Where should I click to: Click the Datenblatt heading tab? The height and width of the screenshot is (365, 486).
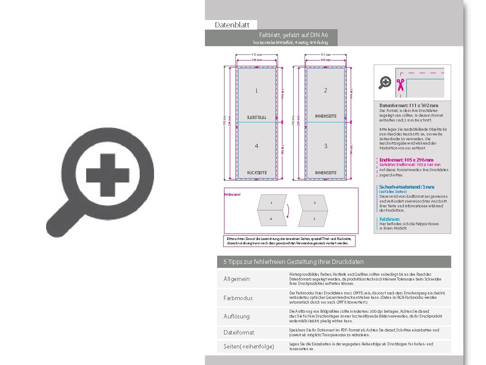231,25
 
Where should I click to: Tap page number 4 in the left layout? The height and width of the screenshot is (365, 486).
256,146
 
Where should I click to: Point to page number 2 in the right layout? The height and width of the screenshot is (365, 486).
325,90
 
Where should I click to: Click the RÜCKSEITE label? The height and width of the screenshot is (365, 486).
257,173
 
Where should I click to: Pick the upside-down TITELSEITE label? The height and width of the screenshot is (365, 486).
256,117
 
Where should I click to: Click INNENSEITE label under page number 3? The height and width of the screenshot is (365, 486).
325,173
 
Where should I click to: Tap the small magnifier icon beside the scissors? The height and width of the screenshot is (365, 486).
385,82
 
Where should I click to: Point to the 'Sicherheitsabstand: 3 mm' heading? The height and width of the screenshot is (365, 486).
406,187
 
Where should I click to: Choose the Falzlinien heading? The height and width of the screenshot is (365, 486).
389,219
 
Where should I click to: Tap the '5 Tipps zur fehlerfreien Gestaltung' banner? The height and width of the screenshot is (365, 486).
294,262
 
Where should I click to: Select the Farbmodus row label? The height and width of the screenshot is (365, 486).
238,298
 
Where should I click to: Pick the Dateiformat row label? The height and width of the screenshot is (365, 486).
239,332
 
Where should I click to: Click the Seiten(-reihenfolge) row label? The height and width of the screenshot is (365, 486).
249,347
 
